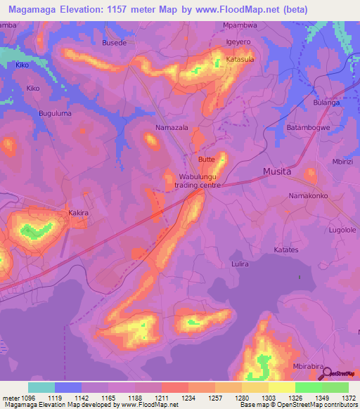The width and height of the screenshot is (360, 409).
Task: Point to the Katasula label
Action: tap(240, 60)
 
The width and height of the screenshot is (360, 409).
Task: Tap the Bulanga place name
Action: tap(326, 103)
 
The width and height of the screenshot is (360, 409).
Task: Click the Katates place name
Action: tap(286, 249)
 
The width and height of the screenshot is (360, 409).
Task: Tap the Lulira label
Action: tap(241, 264)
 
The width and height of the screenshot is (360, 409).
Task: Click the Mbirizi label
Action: tap(343, 161)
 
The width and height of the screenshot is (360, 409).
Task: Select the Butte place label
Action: tap(206, 160)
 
